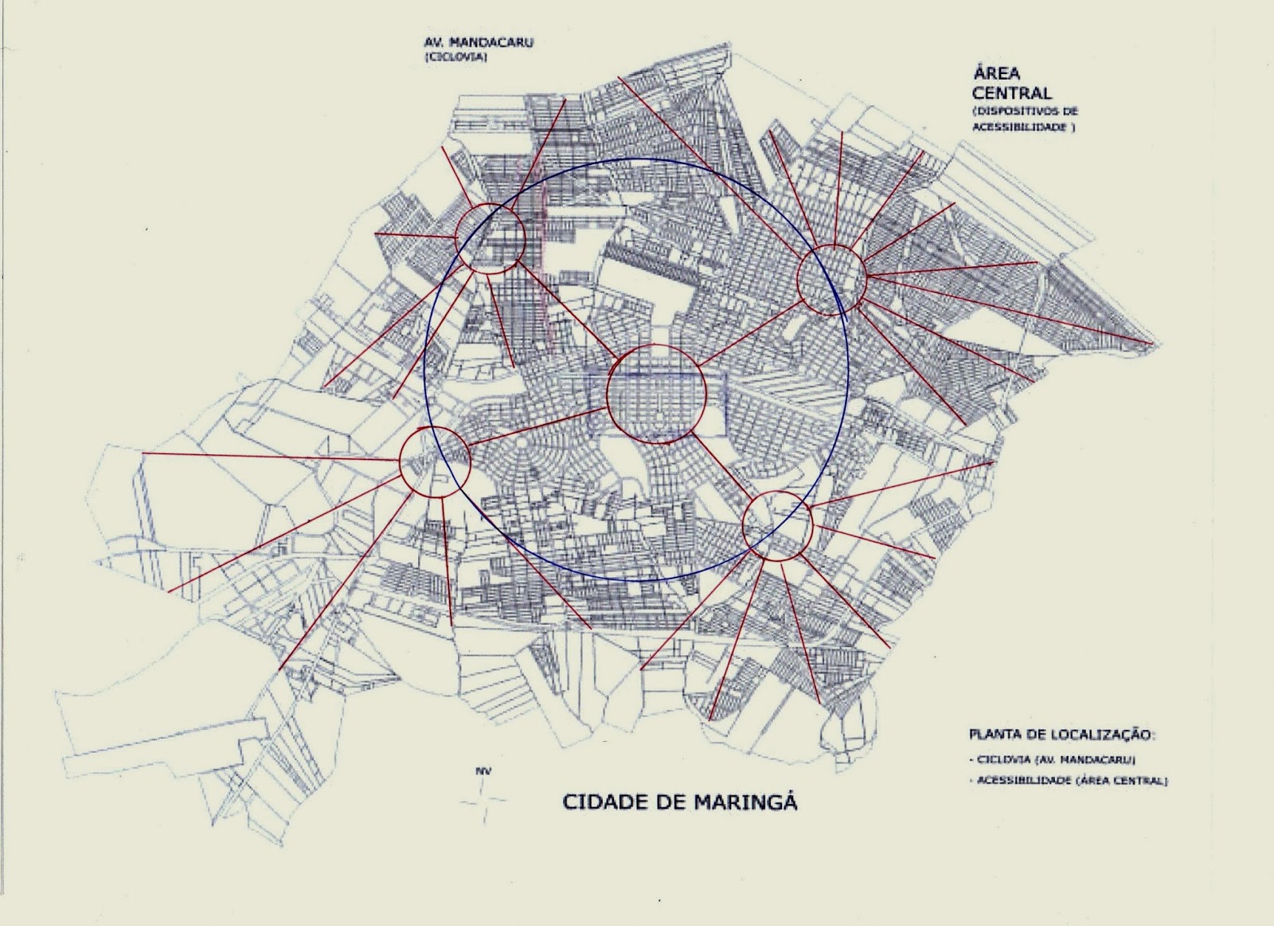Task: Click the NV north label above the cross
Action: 481,771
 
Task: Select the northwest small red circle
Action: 490,238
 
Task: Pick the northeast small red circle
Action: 831,278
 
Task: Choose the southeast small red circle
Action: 776,524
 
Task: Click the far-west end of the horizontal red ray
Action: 143,453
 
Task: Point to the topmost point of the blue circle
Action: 635,159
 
